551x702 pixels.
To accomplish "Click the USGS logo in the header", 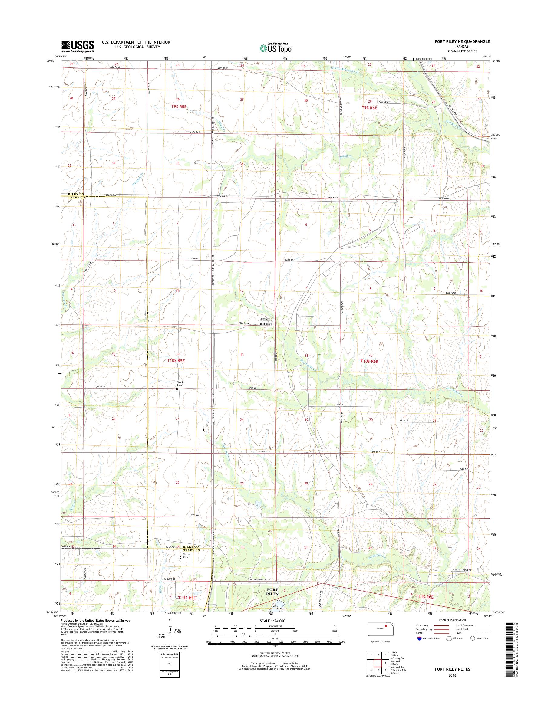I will click(78, 46).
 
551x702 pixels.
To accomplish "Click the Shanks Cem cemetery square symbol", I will click(177, 389).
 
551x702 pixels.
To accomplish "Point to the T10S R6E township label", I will click(369, 362).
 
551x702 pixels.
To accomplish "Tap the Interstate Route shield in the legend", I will click(419, 638).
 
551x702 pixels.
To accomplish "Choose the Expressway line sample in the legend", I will click(441, 625).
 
